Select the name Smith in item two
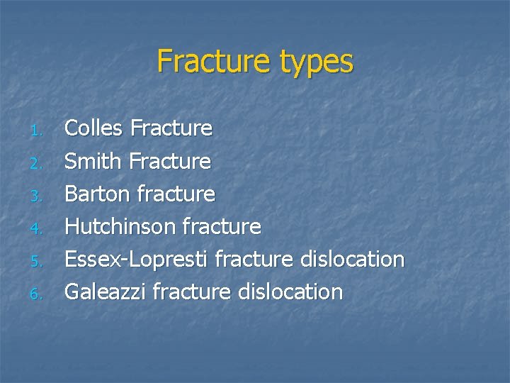click(93, 161)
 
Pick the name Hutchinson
click(120, 226)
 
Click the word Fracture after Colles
click(171, 128)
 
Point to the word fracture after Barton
click(175, 194)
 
